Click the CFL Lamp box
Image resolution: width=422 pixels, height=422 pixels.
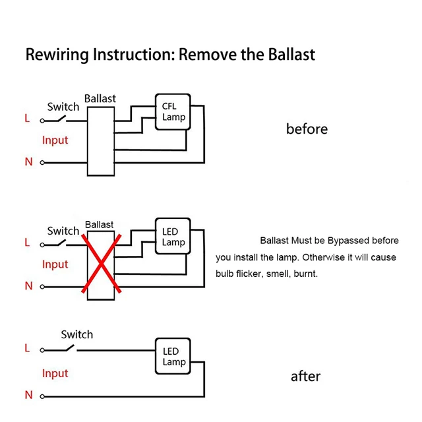(x=173, y=112)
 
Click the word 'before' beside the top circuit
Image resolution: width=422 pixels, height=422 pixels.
(x=307, y=129)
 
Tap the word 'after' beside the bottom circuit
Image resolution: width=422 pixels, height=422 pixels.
(x=305, y=377)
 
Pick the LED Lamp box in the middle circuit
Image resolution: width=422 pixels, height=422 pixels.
(x=173, y=237)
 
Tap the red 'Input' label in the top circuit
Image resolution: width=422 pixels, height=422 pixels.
(x=55, y=140)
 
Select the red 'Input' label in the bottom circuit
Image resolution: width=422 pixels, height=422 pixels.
(x=55, y=373)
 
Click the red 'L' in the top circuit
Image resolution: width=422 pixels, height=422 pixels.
(x=27, y=119)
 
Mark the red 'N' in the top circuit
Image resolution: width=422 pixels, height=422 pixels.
(x=28, y=162)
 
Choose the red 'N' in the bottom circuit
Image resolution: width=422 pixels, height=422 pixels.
(x=28, y=395)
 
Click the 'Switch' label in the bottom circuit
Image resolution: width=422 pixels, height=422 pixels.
(x=76, y=334)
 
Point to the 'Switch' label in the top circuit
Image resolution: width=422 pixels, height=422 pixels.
(x=63, y=106)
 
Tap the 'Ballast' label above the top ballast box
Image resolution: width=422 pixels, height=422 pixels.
(x=100, y=98)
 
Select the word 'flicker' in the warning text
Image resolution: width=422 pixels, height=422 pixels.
(x=253, y=273)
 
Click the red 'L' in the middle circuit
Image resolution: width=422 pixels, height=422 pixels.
(x=27, y=243)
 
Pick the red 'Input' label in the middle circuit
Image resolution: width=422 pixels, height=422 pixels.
(x=55, y=264)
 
